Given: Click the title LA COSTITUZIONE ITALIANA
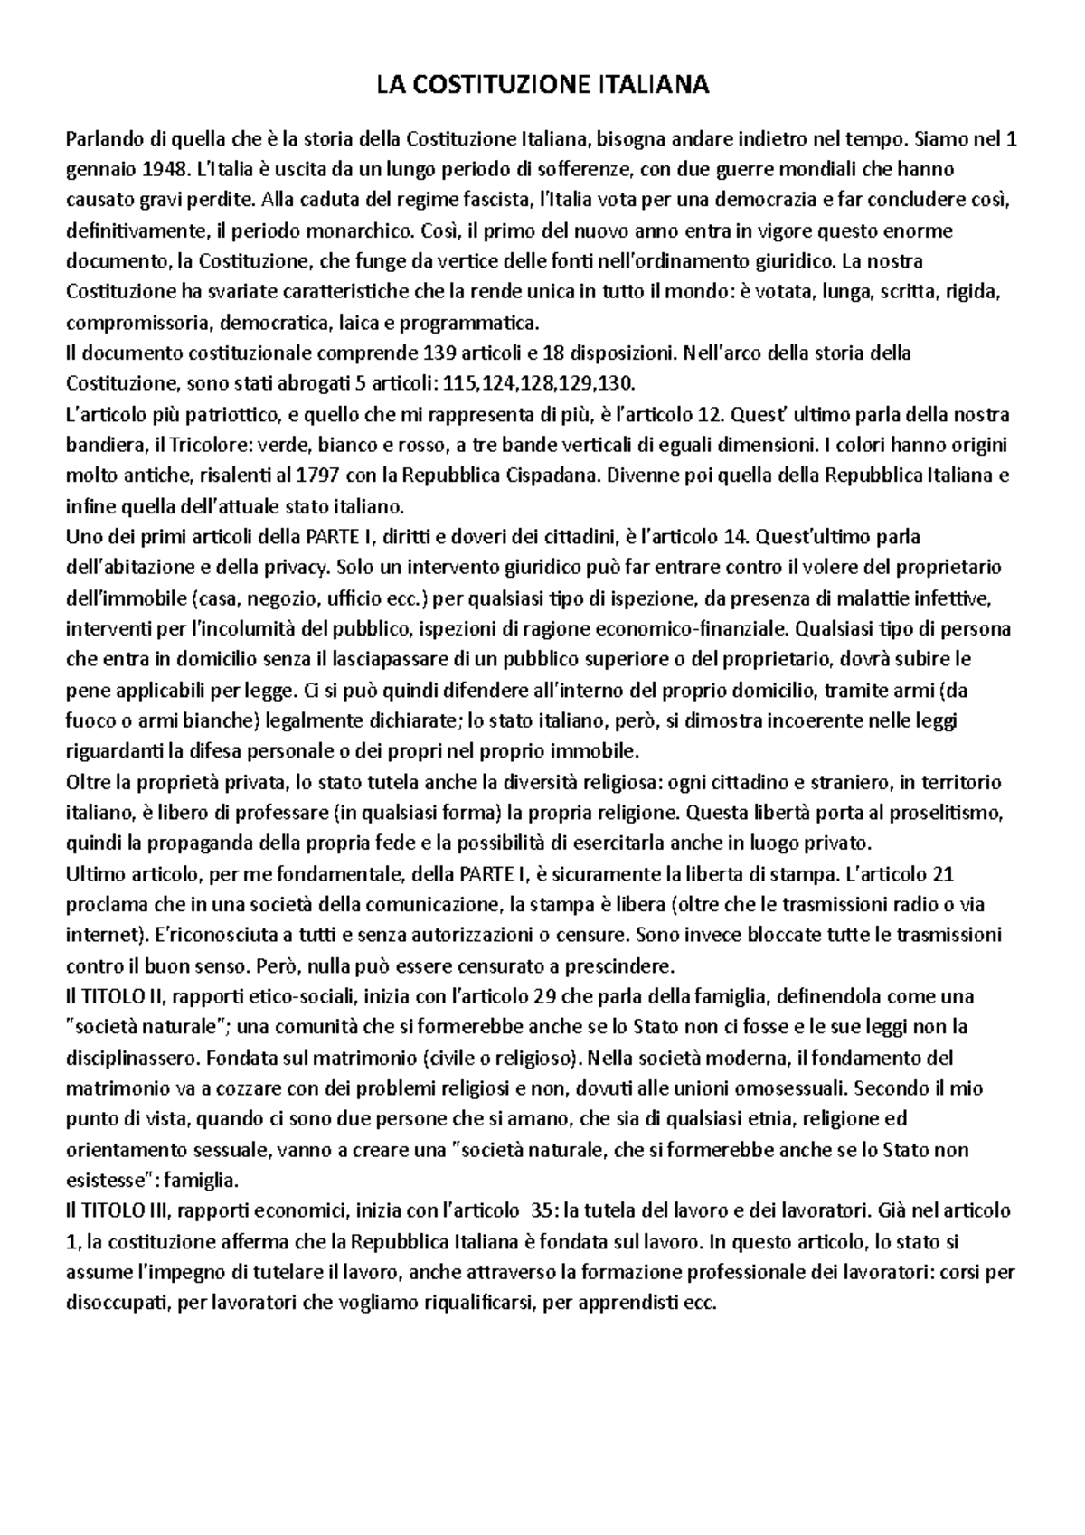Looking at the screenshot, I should click(542, 87).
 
